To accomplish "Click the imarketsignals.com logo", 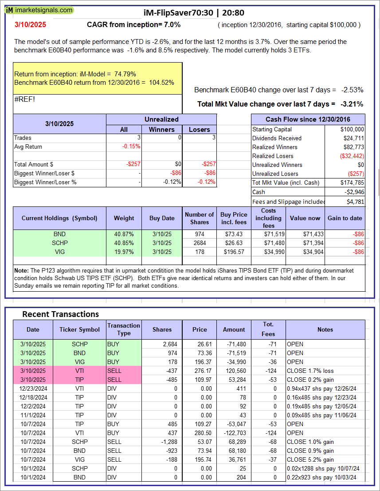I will tap(39, 10).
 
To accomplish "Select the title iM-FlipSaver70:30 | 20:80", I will tap(194, 12).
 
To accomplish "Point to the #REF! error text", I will tap(24, 99).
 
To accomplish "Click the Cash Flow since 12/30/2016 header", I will tap(308, 119).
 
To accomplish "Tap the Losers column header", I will tap(199, 129).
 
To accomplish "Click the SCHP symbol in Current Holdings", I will tap(59, 243).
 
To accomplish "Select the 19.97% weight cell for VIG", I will tap(124, 252).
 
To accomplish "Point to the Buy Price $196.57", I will tap(234, 252).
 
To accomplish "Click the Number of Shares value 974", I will tap(199, 234).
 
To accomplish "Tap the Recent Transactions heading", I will tap(60, 314).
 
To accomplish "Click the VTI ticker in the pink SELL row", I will tap(80, 371).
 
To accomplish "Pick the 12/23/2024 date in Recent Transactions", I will tap(33, 388).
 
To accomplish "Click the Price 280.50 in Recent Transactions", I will tap(200, 433).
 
